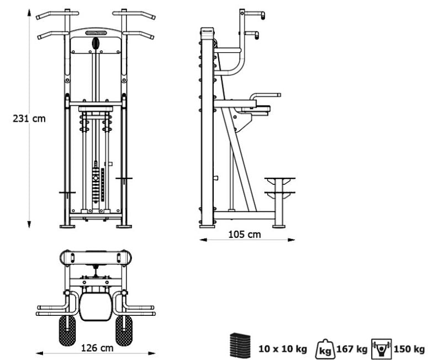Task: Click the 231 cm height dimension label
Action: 29,119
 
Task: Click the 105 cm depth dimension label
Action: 244,234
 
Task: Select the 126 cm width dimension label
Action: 97,348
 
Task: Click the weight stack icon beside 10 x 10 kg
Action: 240,346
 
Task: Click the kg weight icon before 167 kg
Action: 327,349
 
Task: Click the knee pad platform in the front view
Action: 96,109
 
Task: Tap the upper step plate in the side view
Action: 279,179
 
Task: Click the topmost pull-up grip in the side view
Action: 255,14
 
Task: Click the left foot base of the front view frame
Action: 67,225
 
